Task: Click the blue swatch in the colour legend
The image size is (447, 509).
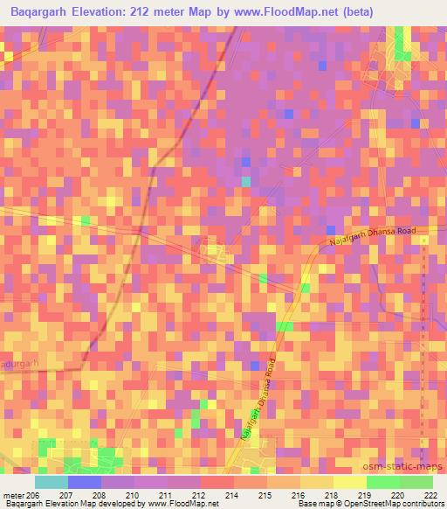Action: pyautogui.click(x=84, y=482)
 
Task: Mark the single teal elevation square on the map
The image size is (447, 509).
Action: pyautogui.click(x=246, y=181)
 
